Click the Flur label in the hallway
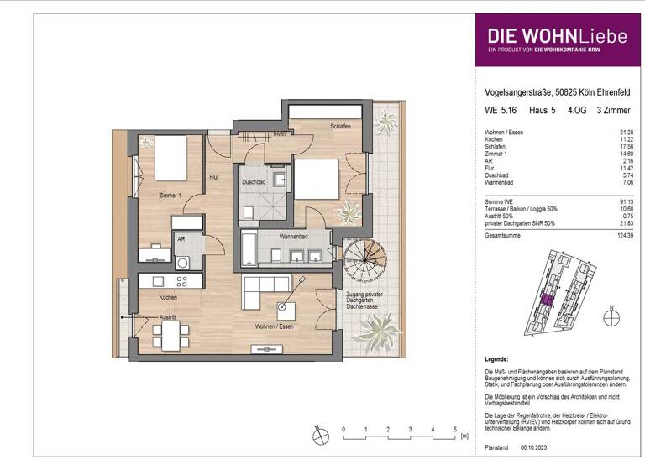(214, 176)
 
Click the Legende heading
(499, 358)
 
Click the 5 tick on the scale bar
(454, 428)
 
